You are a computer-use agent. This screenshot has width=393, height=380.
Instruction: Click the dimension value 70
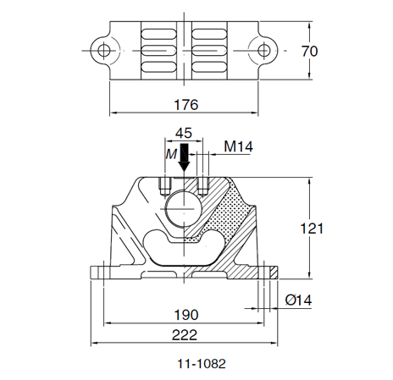point(309,52)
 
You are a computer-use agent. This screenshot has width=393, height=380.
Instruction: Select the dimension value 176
point(185,105)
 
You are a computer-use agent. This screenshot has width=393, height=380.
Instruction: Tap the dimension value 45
point(184,133)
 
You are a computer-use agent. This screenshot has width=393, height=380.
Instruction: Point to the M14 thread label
point(238,146)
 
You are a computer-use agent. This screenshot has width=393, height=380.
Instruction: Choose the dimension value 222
point(185,336)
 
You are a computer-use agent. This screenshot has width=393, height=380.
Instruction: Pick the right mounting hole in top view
point(264,50)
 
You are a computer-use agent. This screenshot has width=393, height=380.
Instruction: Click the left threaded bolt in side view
point(165,184)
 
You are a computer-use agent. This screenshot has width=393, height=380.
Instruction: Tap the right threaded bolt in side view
point(202,184)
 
